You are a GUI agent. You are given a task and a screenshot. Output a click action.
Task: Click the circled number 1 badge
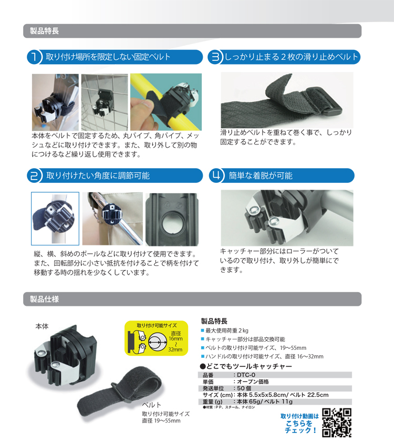[x=34, y=57]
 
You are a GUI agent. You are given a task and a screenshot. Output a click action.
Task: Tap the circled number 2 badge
[x=34, y=175]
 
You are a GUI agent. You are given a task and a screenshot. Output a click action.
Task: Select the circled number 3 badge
[x=215, y=57]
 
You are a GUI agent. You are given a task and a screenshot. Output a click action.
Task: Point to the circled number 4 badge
[x=216, y=175]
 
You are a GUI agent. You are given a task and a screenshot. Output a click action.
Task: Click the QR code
[x=337, y=423]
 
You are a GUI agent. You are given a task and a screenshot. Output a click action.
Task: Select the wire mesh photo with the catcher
[x=105, y=102]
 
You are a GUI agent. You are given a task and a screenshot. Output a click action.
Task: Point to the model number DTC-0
[x=246, y=375]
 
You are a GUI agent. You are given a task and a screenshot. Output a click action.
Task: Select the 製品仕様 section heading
[x=44, y=299]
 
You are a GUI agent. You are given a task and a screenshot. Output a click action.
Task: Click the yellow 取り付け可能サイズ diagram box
[x=157, y=338]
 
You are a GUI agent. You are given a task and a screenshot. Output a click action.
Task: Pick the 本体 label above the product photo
[x=42, y=326]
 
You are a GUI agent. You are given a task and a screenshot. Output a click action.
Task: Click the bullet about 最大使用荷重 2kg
[x=224, y=330]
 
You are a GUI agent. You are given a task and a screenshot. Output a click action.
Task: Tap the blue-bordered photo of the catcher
[x=55, y=219]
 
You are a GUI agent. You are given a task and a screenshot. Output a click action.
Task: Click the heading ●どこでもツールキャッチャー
[x=246, y=366]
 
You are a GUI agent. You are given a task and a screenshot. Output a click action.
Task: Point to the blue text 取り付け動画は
[x=299, y=416]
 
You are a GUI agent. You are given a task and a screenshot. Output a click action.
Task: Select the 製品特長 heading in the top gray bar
[x=44, y=31]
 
